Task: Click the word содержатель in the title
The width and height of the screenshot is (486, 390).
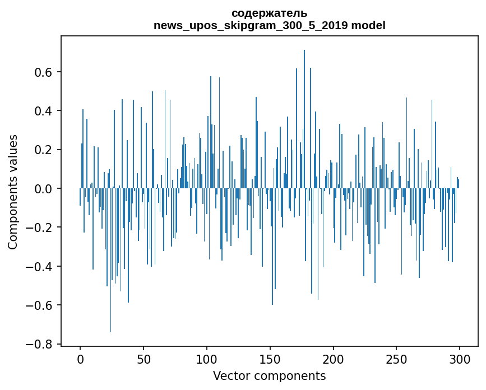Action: tap(269, 13)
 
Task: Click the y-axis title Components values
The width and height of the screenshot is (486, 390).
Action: tap(12, 192)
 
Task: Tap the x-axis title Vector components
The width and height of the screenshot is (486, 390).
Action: tap(269, 375)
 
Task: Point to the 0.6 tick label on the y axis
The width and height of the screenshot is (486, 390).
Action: tap(44, 72)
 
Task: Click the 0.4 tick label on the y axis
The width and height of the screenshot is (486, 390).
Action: tap(44, 111)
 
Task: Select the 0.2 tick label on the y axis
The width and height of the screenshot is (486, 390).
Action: tap(44, 150)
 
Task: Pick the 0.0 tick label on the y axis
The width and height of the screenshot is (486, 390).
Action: tap(44, 189)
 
